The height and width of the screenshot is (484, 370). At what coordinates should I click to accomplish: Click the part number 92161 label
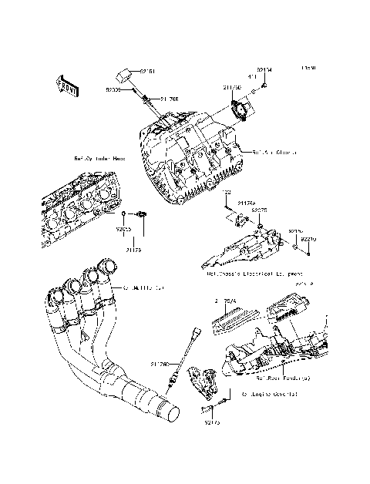click(147, 72)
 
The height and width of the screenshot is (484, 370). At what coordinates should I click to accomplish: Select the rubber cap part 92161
click(123, 75)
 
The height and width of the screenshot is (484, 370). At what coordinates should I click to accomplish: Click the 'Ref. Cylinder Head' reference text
click(99, 158)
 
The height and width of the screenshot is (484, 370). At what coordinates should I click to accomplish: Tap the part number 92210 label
click(308, 240)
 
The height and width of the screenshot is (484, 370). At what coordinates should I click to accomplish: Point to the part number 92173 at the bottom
click(213, 422)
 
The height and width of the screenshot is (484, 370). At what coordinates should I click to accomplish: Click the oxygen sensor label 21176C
click(160, 364)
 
